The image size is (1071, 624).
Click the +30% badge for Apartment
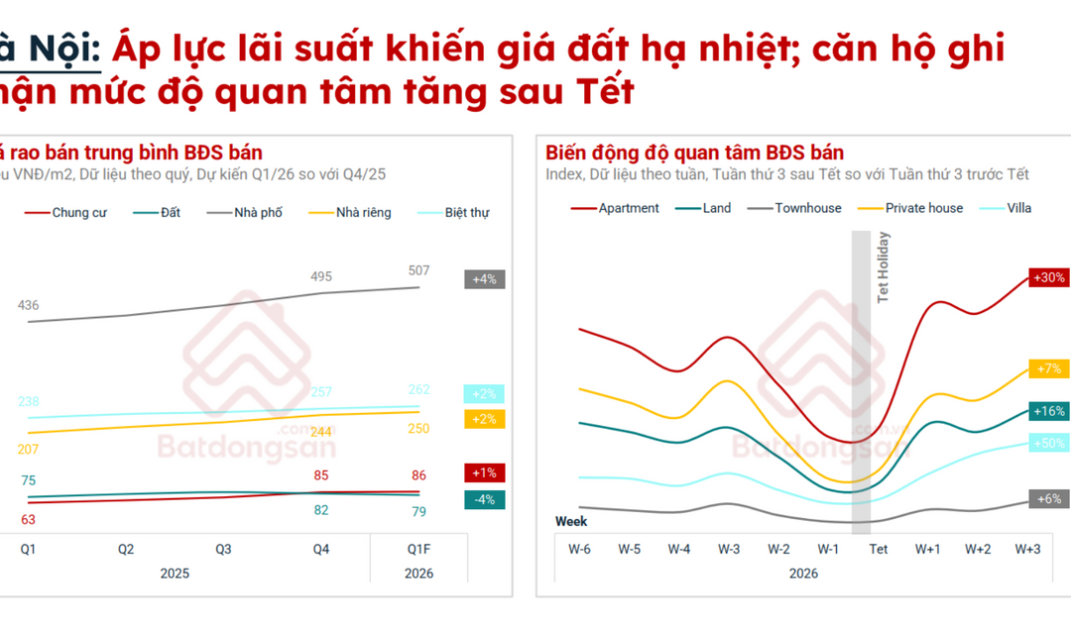point(1049,278)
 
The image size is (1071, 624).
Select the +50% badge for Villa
point(1049,443)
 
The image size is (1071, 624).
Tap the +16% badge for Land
point(1049,411)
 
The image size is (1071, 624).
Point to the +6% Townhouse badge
point(1049,499)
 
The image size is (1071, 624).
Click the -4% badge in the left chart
point(484,499)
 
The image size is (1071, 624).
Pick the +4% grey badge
point(484,279)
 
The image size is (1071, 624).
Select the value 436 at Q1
point(28,305)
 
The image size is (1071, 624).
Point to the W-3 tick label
point(729,549)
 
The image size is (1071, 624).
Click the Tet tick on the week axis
point(879,549)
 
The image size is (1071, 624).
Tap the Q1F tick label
point(418,549)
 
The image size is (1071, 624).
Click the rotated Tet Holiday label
point(884,266)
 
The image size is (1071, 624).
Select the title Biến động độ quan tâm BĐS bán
point(694,153)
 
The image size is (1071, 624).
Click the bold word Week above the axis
point(571,521)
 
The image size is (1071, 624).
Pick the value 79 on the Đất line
point(418,511)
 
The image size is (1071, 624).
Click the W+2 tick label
point(978,549)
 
